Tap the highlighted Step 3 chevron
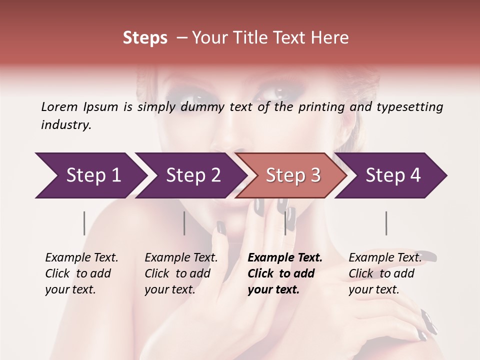293,175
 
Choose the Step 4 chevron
393,175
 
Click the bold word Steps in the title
145,37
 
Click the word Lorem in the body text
59,106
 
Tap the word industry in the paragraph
66,124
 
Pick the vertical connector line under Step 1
84,223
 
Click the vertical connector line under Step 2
184,223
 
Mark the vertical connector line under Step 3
285,223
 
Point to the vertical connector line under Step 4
386,223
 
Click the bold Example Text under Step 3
285,257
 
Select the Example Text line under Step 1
81,257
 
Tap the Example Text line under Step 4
385,257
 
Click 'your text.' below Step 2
170,289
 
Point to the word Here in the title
332,37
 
